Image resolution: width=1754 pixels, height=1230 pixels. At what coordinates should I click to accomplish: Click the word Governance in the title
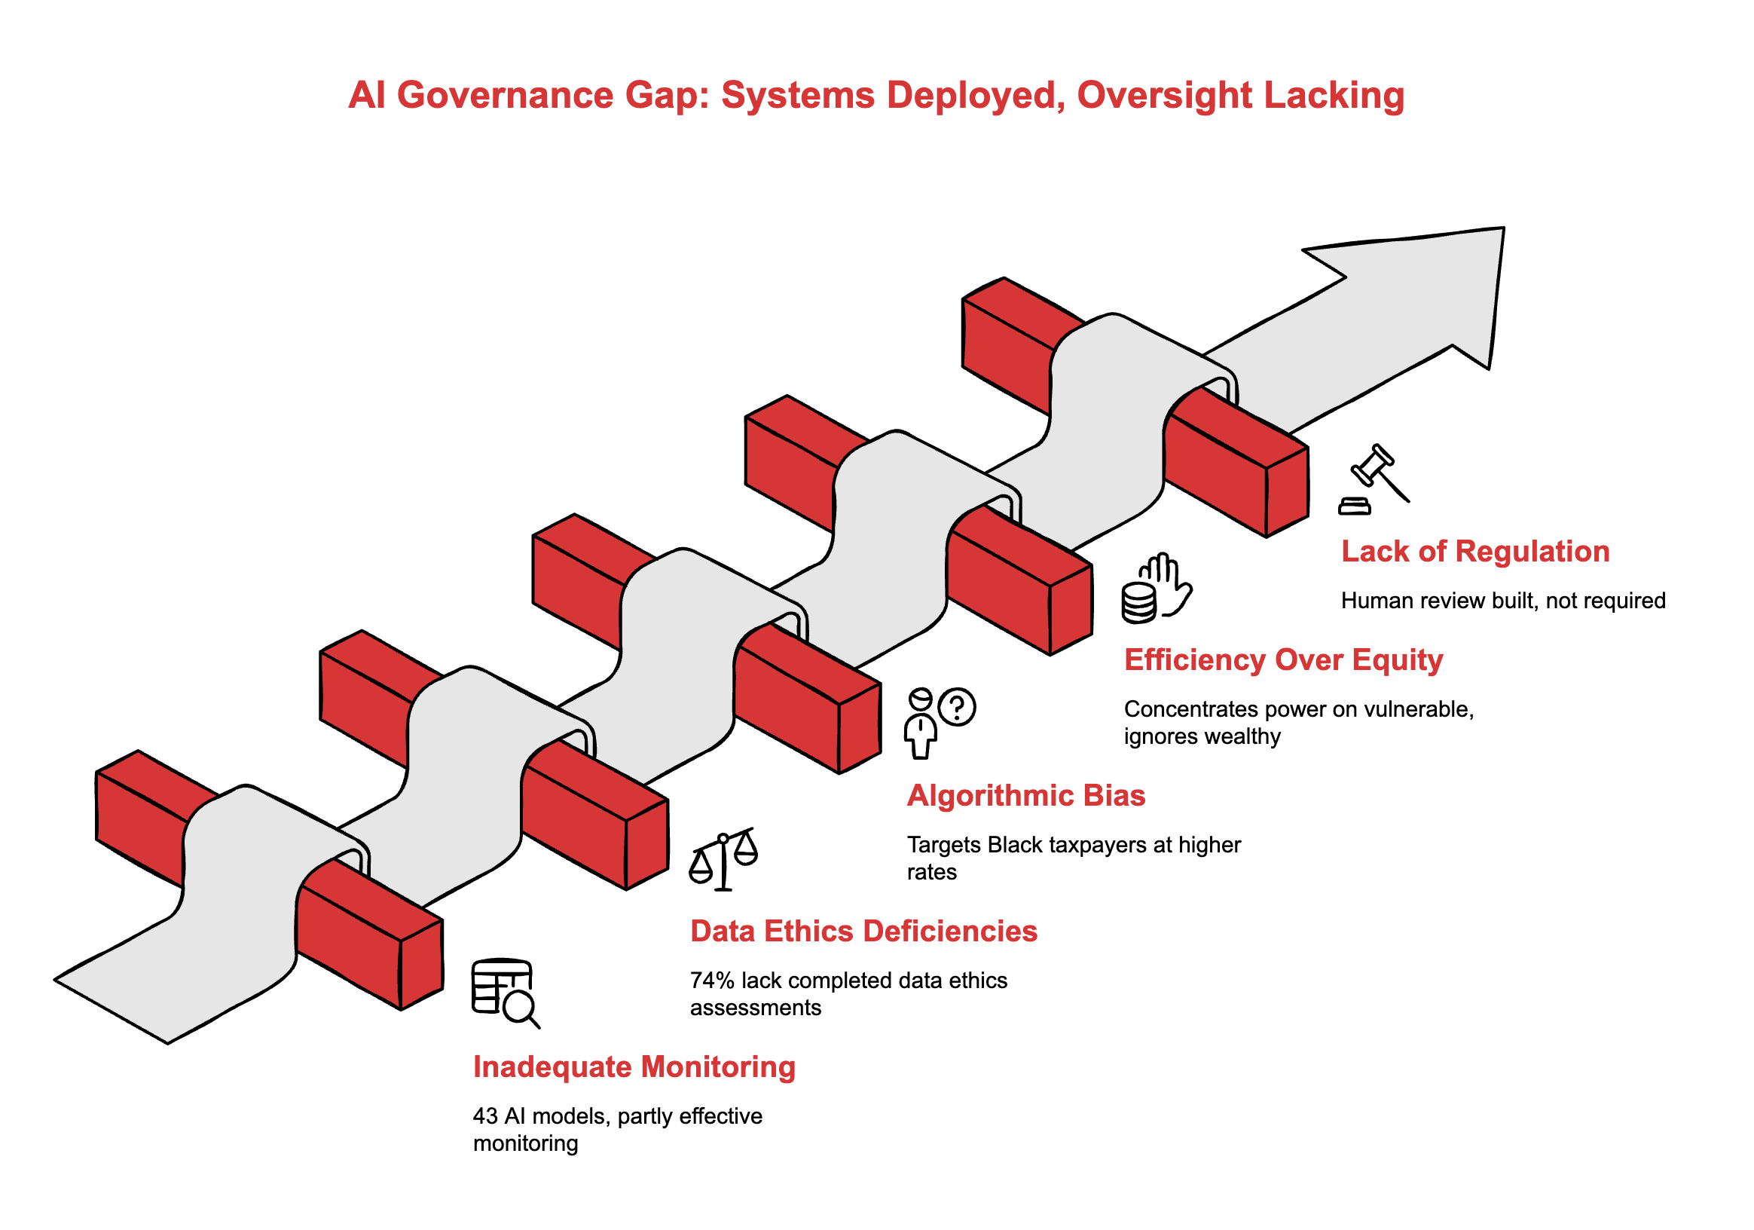pyautogui.click(x=505, y=96)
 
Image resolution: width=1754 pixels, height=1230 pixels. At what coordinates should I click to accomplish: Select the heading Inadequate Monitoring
pyautogui.click(x=634, y=1066)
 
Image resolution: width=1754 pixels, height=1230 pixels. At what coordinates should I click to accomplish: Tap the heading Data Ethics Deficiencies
pyautogui.click(x=863, y=932)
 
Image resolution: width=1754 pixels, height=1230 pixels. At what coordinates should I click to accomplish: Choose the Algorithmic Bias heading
pyautogui.click(x=1026, y=795)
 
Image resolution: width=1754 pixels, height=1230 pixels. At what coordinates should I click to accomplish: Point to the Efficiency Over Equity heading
pyautogui.click(x=1283, y=659)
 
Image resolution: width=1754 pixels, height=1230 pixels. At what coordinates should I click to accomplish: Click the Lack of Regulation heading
pyautogui.click(x=1475, y=551)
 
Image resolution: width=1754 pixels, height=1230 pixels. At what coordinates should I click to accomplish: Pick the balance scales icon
pyautogui.click(x=723, y=858)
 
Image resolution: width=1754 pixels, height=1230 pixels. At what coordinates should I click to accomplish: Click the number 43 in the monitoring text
pyautogui.click(x=485, y=1116)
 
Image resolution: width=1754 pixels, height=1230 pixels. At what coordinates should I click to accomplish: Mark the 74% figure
pyautogui.click(x=712, y=981)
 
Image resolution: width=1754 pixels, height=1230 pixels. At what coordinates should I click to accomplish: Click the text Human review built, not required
pyautogui.click(x=1502, y=601)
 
